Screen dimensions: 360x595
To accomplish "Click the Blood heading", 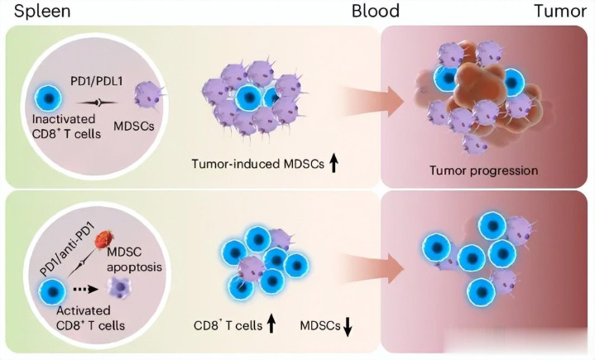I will point(375,12).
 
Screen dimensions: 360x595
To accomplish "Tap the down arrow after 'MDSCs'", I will point(348,327).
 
